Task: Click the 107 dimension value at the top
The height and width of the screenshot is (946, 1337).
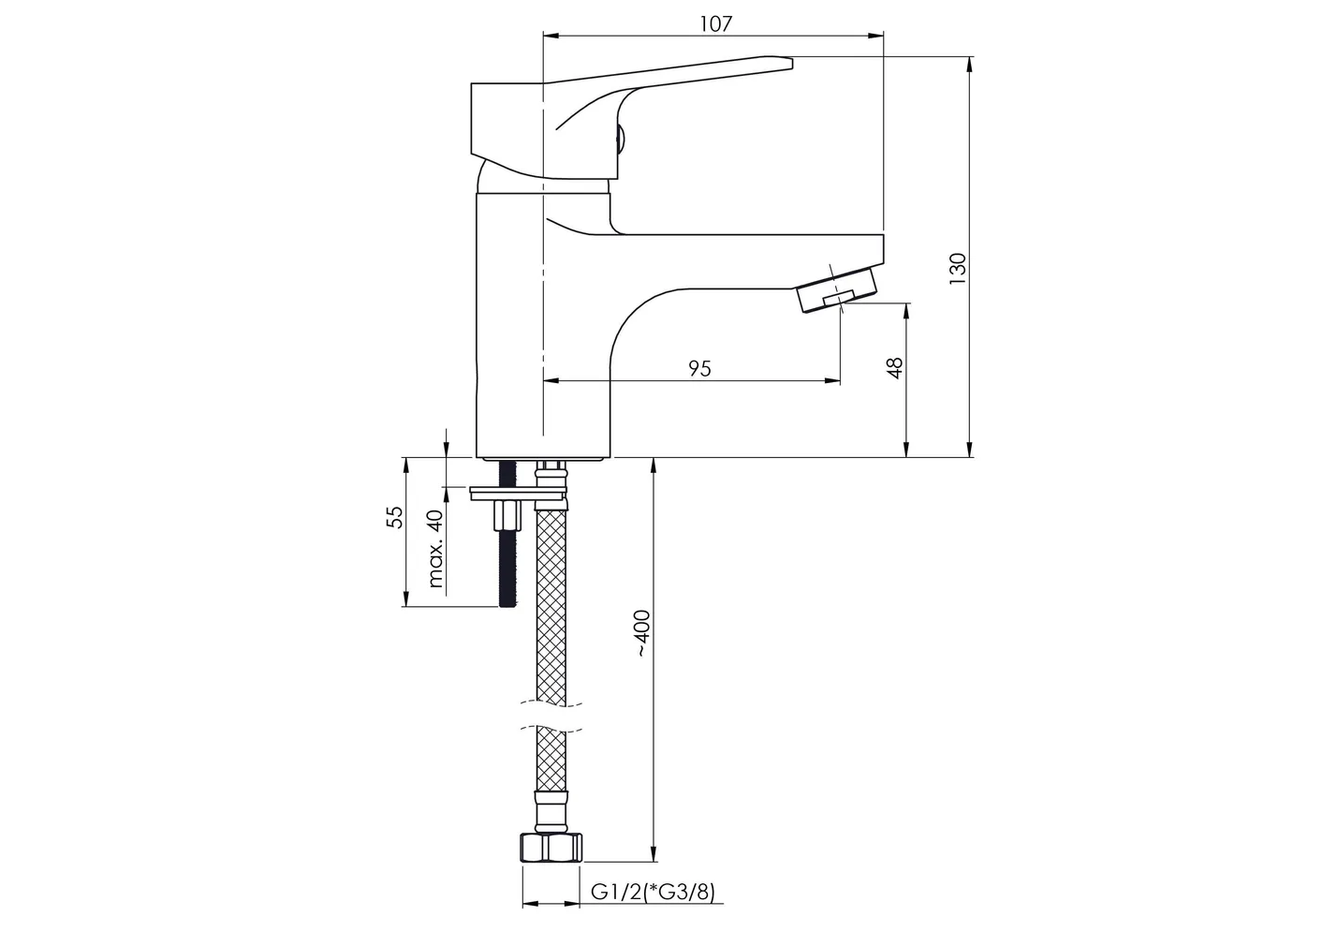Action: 715,24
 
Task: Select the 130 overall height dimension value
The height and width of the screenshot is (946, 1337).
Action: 958,269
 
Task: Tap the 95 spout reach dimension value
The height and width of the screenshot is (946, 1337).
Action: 700,368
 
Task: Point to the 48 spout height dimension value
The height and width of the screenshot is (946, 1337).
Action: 895,368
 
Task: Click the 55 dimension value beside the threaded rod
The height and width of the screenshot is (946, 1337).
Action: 394,517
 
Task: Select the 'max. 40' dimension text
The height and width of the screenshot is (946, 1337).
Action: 436,548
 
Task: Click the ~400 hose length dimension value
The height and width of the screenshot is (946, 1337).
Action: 642,634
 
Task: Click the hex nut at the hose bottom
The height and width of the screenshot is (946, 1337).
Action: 551,848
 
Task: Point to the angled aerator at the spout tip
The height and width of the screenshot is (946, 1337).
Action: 838,290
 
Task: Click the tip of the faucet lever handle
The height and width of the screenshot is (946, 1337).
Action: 791,62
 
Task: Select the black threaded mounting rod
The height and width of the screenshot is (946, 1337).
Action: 507,533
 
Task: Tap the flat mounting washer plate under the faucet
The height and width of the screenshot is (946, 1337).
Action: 518,494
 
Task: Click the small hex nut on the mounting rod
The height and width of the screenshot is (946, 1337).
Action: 508,515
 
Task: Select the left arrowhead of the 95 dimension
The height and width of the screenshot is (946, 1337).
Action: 551,380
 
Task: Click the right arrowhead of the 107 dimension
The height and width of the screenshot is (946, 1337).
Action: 875,36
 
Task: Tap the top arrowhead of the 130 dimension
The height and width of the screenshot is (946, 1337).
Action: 969,65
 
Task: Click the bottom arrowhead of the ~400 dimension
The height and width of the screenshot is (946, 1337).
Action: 654,854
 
